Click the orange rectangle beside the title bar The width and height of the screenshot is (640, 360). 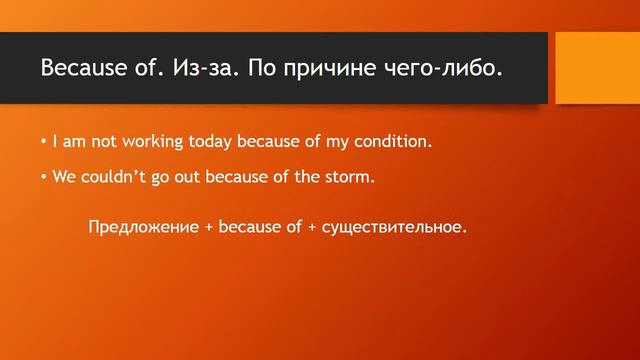(597, 68)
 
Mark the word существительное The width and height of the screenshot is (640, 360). (394, 227)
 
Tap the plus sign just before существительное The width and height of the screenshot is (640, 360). (311, 227)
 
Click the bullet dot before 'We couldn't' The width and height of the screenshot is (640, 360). (45, 178)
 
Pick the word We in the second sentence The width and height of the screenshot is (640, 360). (64, 177)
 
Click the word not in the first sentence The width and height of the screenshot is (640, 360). (91, 142)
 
